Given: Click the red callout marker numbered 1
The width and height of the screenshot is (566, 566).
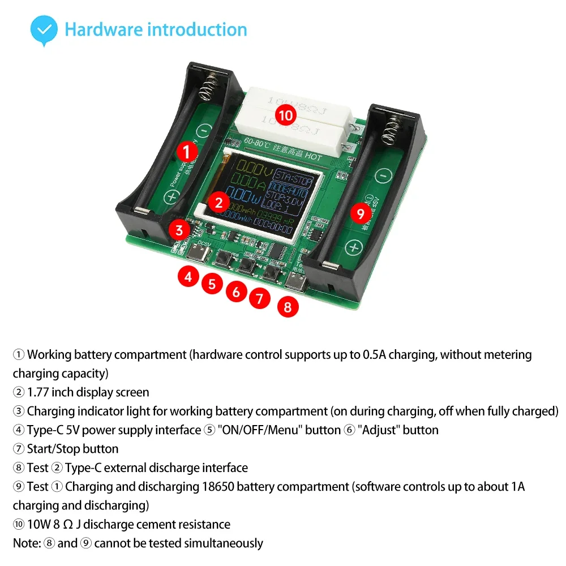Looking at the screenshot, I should point(187,151).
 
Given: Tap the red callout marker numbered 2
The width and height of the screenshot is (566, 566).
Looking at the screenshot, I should point(219,202).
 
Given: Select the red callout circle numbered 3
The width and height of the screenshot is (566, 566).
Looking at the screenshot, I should point(179,230).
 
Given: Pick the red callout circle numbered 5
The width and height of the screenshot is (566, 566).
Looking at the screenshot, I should point(212,284).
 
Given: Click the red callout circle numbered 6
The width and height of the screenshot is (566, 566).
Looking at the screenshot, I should point(236,291).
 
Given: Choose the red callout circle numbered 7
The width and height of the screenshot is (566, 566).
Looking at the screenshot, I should point(260,298).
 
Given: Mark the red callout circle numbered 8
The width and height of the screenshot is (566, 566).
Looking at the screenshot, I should point(288,307).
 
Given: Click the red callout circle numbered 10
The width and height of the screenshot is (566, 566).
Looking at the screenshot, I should point(286,115).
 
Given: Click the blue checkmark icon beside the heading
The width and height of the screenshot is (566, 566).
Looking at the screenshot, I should point(44,28).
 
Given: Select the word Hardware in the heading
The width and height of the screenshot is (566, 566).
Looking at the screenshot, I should point(103,29).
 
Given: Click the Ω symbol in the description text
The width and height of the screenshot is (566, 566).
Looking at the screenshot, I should point(68,525).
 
